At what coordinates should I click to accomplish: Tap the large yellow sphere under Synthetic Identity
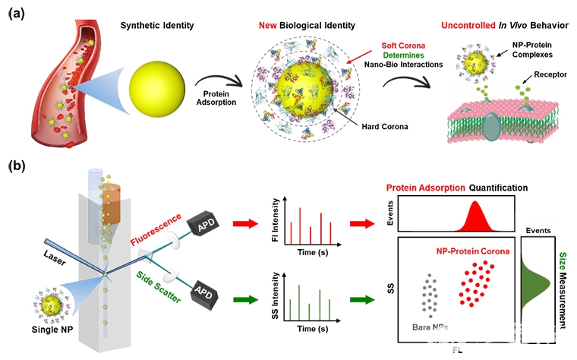click(156, 85)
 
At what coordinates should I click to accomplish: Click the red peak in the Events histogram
click(475, 216)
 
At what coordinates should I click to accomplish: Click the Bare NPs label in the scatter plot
click(429, 329)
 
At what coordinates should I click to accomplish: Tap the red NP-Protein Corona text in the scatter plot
click(471, 250)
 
